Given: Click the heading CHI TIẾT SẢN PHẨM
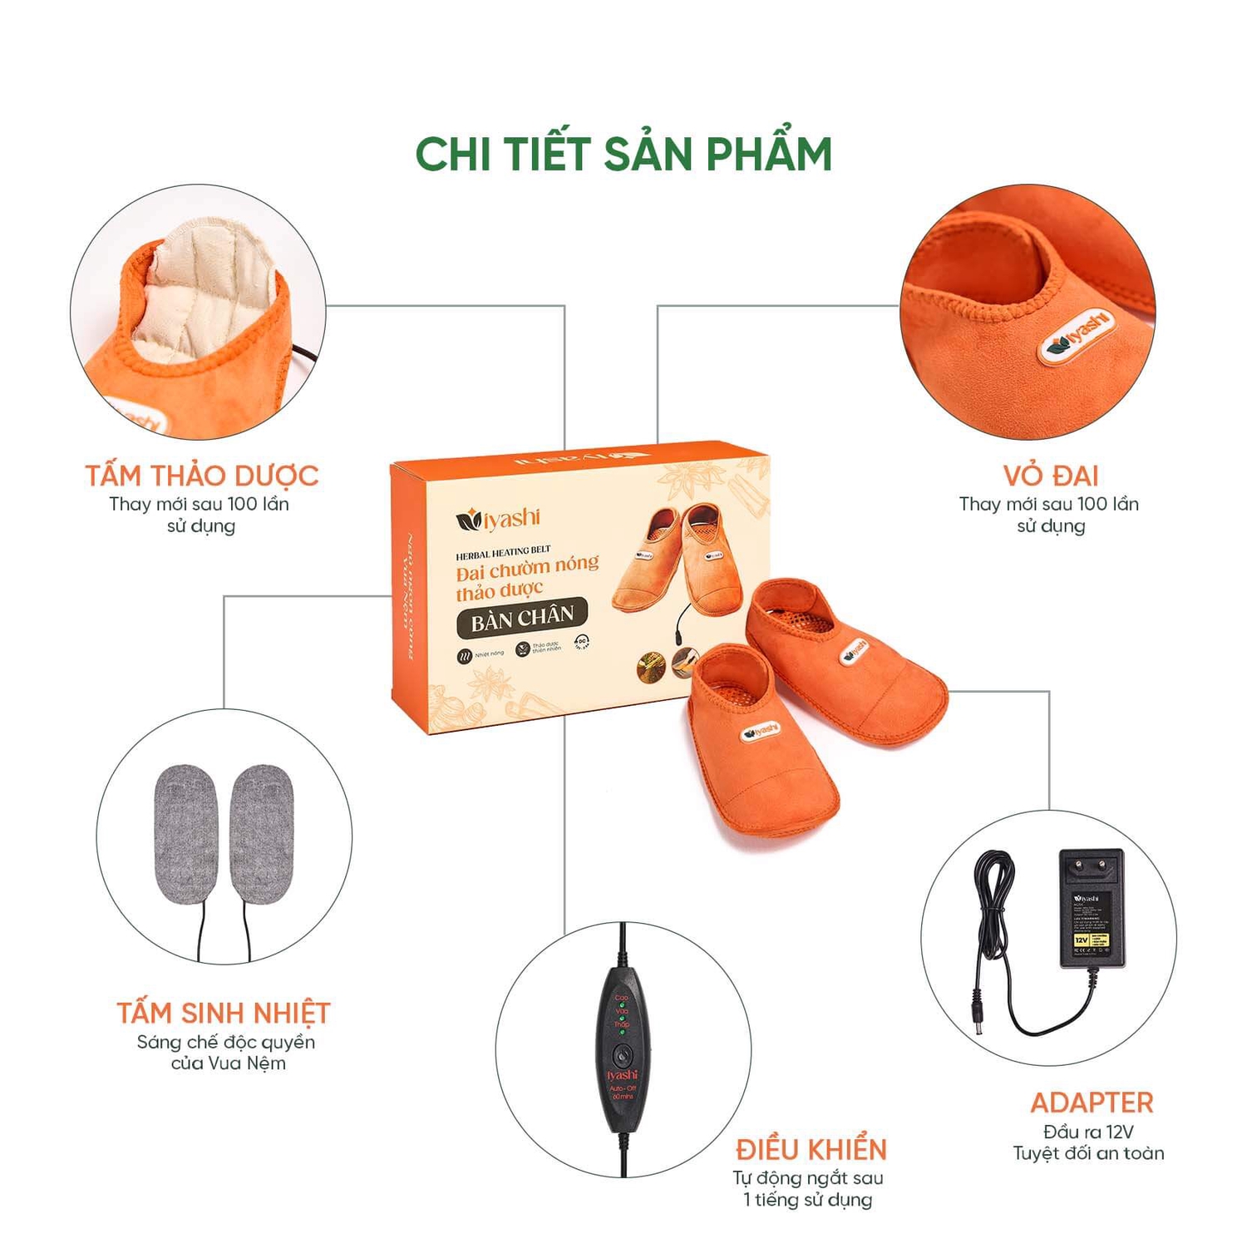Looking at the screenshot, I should pos(623,155).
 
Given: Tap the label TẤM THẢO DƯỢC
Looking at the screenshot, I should pos(202,476).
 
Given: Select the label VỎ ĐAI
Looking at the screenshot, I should pos(1051,476).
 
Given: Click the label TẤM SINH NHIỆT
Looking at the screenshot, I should pos(224,1014).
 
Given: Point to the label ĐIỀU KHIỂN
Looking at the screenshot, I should pos(811,1150).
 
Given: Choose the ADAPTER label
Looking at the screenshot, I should pos(1092,1103).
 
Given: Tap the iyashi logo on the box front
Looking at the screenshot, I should pos(499,520).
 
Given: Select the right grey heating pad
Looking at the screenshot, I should pos(262,834).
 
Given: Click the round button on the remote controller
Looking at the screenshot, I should pos(623,1055).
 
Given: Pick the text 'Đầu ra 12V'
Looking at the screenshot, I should pos(1088,1132).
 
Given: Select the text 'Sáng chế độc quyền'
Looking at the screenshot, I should pos(226,1042).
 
